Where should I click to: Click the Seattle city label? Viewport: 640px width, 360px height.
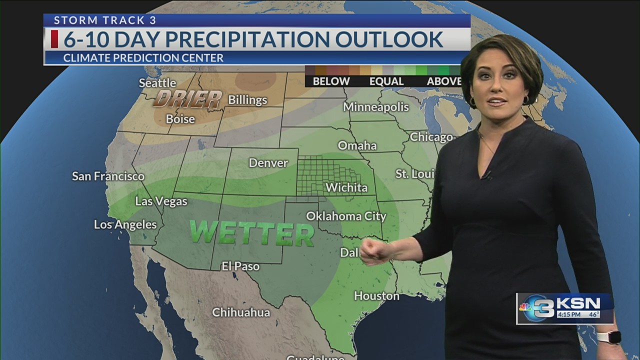(157, 83)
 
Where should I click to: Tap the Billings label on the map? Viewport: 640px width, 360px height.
(247, 100)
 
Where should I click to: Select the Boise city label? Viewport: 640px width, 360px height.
(180, 119)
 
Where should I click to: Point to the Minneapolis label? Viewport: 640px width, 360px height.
(375, 107)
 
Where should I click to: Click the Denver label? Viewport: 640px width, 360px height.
(268, 163)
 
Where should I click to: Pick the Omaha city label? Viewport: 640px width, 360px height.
(357, 145)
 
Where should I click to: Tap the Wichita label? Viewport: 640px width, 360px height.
(346, 187)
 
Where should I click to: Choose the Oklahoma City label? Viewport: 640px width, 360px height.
(346, 216)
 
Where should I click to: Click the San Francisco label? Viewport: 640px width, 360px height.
(108, 176)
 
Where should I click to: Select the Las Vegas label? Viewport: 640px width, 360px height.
(161, 201)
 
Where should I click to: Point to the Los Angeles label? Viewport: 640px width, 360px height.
(125, 224)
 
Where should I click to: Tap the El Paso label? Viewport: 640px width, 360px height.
(240, 266)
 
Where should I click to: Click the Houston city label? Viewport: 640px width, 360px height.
(376, 296)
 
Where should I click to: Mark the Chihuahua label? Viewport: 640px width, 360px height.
(241, 312)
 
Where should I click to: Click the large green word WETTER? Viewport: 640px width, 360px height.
(251, 233)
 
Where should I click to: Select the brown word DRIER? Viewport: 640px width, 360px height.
(187, 99)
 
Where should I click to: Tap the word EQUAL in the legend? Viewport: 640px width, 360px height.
(386, 81)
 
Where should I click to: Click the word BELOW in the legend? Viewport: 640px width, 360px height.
(331, 81)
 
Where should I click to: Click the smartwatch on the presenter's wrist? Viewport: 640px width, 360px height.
(608, 337)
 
